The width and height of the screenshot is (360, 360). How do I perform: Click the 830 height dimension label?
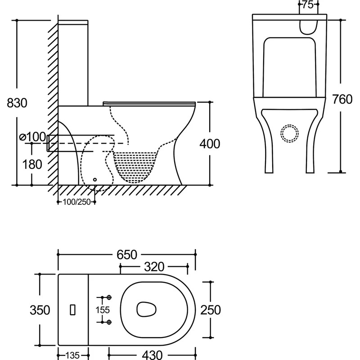[x=17, y=103]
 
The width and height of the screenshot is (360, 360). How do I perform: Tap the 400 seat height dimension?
[x=210, y=144]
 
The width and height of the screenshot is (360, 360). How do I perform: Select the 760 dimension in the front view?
[x=342, y=99]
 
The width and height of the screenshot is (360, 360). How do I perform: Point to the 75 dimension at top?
[x=308, y=5]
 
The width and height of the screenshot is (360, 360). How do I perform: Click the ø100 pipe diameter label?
[x=33, y=137]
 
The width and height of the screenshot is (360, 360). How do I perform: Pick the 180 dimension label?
[x=32, y=164]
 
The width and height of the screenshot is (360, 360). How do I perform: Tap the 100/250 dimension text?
[x=76, y=202]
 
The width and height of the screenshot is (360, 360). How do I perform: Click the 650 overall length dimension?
[x=127, y=255]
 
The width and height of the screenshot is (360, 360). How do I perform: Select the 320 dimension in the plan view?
[x=154, y=267]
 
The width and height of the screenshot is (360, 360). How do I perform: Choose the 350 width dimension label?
[x=40, y=310]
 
